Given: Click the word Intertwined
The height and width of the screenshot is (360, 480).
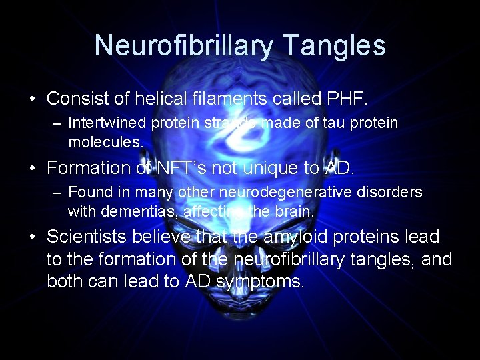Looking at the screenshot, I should [x=107, y=123].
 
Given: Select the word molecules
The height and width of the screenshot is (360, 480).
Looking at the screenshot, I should [x=105, y=142].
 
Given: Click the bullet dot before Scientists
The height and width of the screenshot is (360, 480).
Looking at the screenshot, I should [x=33, y=237].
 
